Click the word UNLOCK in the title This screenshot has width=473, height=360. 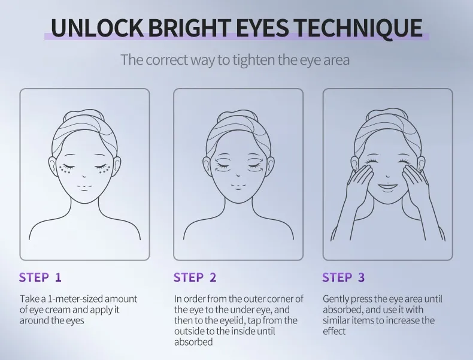tap(96, 28)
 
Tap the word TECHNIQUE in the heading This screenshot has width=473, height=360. tap(357, 28)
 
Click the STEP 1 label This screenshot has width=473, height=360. tap(40, 277)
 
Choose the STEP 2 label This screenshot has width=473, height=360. tap(195, 277)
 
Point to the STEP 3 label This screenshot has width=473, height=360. tap(344, 277)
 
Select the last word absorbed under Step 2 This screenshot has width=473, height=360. tap(193, 342)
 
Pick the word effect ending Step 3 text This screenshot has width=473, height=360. tap(334, 331)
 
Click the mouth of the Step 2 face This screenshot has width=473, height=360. tap(238, 186)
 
